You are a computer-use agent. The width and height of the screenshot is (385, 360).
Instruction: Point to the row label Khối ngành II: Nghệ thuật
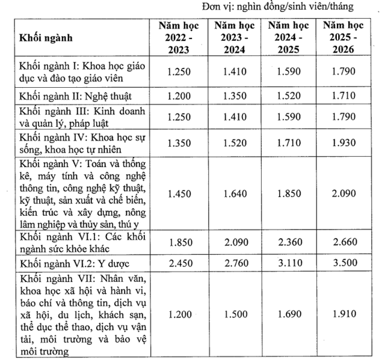coord(75,96)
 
